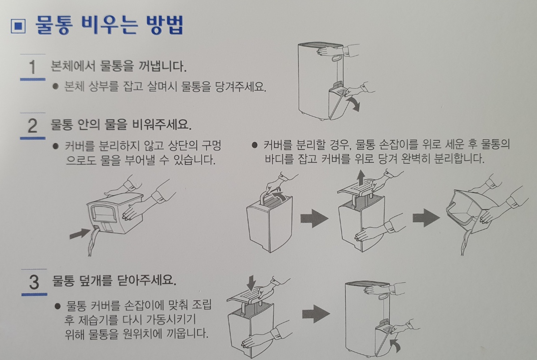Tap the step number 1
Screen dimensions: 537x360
click(x=32, y=67)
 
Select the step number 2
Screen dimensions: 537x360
click(x=32, y=125)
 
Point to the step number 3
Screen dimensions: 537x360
click(x=34, y=282)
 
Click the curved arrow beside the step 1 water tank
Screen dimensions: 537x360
click(x=353, y=103)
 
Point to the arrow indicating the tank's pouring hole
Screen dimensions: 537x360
click(x=80, y=233)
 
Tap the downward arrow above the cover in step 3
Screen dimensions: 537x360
click(x=251, y=282)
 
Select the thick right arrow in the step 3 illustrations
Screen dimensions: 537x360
click(x=316, y=313)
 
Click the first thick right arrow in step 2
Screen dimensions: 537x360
click(x=314, y=218)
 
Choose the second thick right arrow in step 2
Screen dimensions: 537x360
click(x=426, y=218)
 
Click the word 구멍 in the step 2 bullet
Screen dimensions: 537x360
click(x=211, y=145)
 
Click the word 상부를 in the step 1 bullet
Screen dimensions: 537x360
click(x=104, y=86)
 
